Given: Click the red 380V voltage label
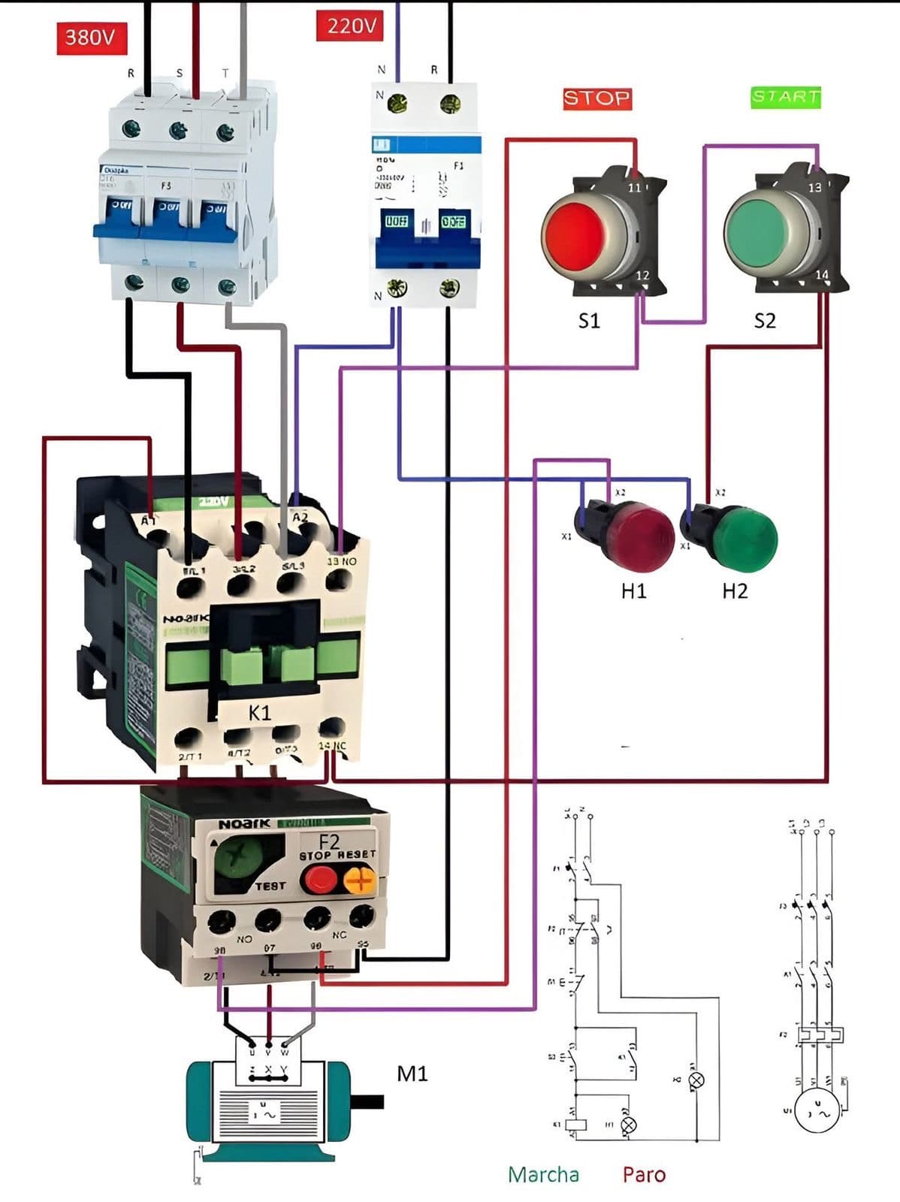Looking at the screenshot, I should (x=91, y=37).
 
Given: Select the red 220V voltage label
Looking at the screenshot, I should (x=351, y=26).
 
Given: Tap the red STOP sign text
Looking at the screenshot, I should (x=597, y=98).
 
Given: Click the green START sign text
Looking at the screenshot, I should (x=786, y=97).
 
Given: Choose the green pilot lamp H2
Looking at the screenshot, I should (x=744, y=538).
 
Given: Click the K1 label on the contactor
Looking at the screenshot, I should (x=259, y=713).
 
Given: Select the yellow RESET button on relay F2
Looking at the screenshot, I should (x=359, y=880).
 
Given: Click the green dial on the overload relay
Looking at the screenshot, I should (x=238, y=864).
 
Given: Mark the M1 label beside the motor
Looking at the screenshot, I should (x=412, y=1074).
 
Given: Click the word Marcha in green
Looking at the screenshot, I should (x=543, y=1174).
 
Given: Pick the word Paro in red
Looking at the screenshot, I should (x=644, y=1174).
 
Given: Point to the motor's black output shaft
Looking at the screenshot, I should (x=367, y=1102).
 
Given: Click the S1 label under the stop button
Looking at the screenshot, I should (x=589, y=322).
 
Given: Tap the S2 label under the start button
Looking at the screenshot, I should (x=765, y=322).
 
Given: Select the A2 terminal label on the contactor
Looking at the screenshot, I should (x=301, y=518).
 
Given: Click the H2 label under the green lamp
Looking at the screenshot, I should (x=735, y=591).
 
